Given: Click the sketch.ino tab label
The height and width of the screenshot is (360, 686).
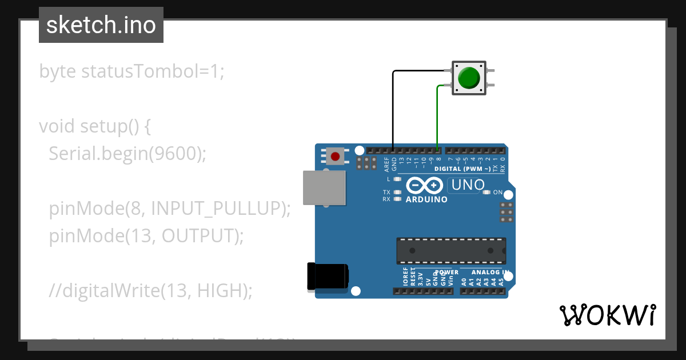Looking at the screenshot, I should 101,25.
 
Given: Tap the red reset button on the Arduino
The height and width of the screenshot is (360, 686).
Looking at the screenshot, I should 335,155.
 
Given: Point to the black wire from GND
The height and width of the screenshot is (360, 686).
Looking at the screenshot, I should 393,109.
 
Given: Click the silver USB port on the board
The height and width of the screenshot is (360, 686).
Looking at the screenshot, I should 324,187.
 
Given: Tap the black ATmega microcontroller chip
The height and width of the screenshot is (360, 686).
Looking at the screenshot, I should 451,251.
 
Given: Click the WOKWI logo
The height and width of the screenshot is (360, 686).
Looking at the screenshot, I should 607,315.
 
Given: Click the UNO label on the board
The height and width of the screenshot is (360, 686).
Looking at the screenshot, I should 468,185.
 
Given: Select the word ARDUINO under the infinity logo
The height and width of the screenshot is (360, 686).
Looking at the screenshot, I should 426,199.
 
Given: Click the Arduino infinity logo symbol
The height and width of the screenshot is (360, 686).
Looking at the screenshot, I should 424,185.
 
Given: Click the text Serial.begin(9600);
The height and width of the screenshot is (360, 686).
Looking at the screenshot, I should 127,153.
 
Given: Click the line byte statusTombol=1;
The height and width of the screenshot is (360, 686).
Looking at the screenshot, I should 132,71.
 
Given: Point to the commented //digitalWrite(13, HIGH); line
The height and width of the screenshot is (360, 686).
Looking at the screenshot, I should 150,290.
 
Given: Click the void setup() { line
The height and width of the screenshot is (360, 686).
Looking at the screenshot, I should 95,126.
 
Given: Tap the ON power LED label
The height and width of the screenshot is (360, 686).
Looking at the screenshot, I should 498,193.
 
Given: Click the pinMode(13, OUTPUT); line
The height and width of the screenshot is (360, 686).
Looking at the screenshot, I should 146,235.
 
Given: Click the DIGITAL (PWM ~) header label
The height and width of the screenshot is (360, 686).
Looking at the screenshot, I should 462,169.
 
